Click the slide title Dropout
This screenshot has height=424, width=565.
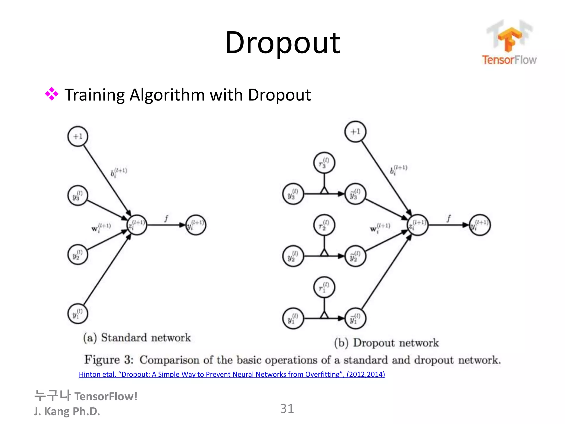[282, 43]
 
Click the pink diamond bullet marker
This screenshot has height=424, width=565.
[52, 94]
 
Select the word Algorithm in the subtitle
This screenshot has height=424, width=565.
[167, 95]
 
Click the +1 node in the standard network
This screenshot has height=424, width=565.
[78, 136]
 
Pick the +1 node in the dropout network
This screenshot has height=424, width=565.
[355, 132]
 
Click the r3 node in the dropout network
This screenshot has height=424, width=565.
[324, 163]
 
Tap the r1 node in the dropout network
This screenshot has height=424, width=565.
[324, 287]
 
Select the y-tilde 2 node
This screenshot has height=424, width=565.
[355, 256]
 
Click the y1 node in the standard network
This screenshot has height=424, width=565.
[78, 314]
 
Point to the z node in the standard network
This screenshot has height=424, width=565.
[137, 225]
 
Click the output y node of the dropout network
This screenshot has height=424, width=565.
[480, 225]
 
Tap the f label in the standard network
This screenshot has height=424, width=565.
[166, 219]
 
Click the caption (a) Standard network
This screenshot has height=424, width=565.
[137, 338]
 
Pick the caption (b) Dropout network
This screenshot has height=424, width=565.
[386, 343]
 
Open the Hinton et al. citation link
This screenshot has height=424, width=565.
[232, 374]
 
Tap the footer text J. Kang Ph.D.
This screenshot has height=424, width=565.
[67, 411]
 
